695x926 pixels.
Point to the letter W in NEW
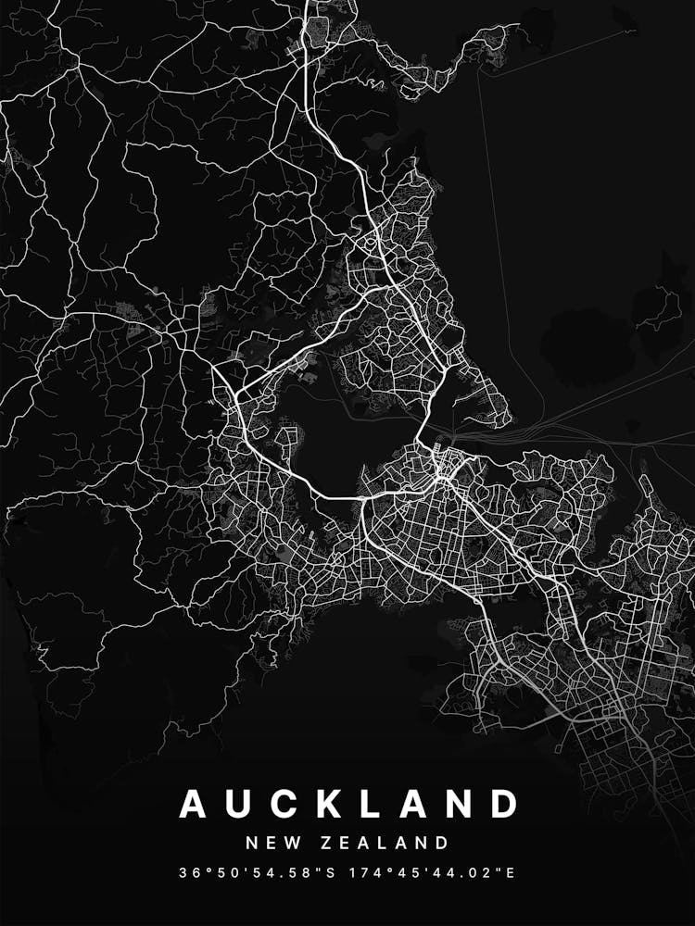[x=289, y=843]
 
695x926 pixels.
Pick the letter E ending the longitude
[x=511, y=872]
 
